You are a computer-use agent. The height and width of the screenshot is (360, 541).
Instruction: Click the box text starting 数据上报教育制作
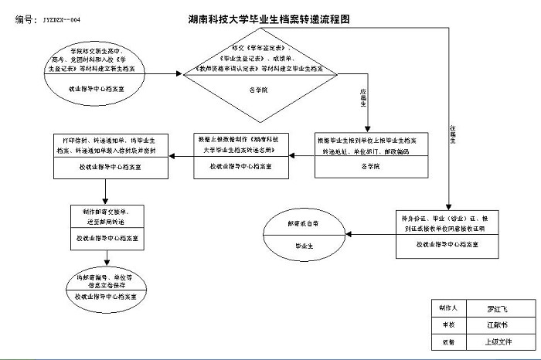243,145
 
